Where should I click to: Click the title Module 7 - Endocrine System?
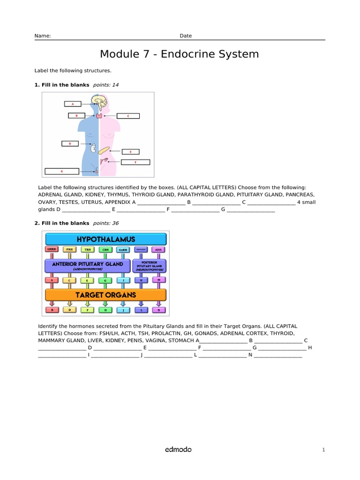[180, 54]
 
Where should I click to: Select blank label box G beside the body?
[62, 171]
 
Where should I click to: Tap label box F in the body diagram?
[135, 162]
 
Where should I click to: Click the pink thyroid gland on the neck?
[99, 115]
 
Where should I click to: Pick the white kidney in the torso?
[94, 148]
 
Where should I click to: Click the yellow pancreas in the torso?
[105, 150]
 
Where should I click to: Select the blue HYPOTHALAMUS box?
[106, 239]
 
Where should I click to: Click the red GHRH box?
[52, 249]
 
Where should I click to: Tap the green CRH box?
[105, 249]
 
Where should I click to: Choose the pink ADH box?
[158, 249]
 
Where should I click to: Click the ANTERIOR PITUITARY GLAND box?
[88, 266]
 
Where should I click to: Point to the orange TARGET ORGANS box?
[106, 295]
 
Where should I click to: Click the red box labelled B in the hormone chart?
[52, 309]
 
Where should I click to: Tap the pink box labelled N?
[159, 309]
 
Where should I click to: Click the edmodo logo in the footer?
[178, 450]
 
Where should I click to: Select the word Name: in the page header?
[43, 36]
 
